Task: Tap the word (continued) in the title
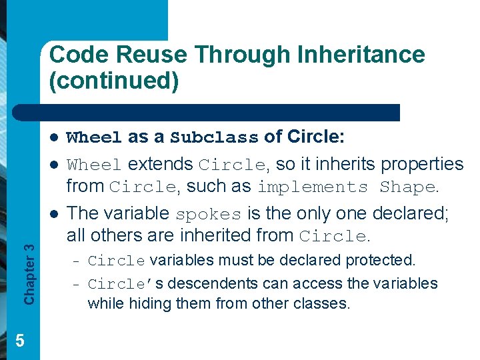(x=114, y=80)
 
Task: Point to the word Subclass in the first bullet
(x=214, y=138)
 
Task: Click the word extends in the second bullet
(x=161, y=164)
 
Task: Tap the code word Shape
(x=407, y=187)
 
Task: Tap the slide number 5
(x=19, y=341)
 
